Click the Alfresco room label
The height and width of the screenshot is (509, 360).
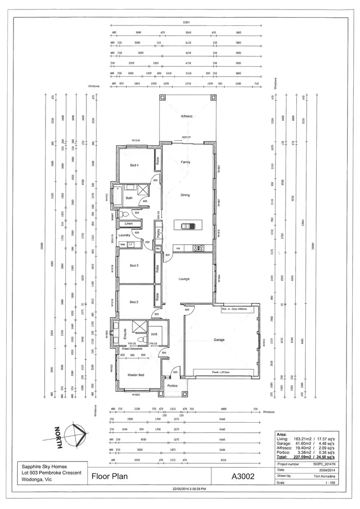(x=186, y=117)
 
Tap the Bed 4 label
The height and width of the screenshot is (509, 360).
(x=134, y=166)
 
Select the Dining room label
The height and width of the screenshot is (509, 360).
(x=185, y=195)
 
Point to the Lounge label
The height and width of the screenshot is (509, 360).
(x=184, y=279)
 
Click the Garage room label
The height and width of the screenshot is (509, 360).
(x=219, y=340)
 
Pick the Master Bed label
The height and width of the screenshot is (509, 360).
(x=136, y=375)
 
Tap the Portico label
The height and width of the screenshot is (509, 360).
(x=173, y=386)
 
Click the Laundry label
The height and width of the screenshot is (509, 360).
(x=124, y=235)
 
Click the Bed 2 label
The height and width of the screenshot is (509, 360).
(x=134, y=302)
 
